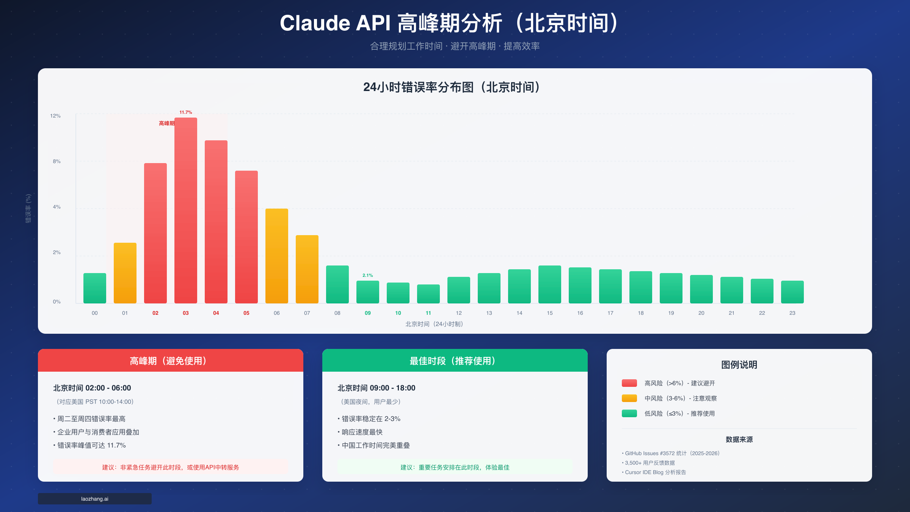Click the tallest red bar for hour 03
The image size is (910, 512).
[x=186, y=210]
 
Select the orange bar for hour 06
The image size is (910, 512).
[x=277, y=256]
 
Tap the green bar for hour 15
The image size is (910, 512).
[x=550, y=284]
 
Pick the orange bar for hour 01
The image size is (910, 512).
[x=125, y=273]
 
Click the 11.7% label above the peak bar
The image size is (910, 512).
[x=186, y=112]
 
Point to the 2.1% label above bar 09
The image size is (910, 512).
[x=367, y=275]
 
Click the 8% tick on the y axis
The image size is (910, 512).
[x=56, y=161]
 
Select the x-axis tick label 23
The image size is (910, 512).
[x=792, y=313]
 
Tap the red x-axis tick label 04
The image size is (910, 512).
[x=216, y=313]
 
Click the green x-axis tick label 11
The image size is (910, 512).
[x=428, y=313]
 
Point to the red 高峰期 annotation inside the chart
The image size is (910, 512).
[x=166, y=123]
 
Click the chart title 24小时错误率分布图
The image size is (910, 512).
[x=451, y=87]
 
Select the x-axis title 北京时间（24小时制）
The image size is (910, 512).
[x=434, y=324]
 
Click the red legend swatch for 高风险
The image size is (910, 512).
[x=629, y=383]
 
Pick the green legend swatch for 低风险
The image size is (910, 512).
[x=629, y=413]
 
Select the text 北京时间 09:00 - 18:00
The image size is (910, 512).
[x=377, y=388]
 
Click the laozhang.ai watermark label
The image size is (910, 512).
[x=95, y=499]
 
